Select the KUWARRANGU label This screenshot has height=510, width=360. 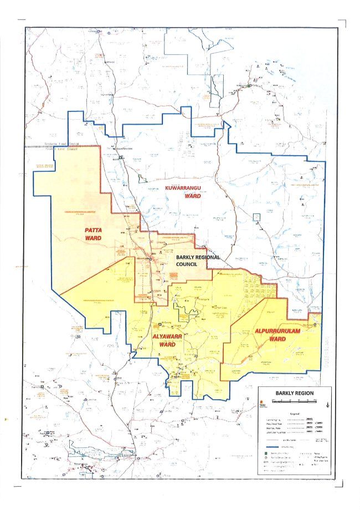[x=187, y=189]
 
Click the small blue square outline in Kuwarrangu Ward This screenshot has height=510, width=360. [x=256, y=217]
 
